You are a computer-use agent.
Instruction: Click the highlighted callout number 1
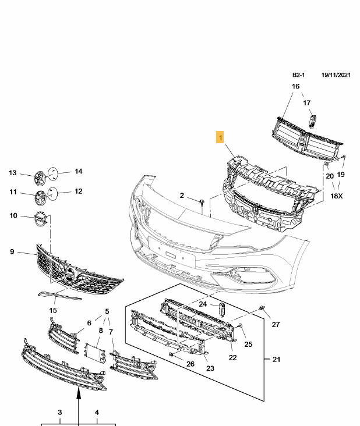pos(220,138)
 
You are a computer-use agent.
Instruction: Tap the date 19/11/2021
pos(336,75)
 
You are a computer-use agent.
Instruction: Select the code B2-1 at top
pos(299,75)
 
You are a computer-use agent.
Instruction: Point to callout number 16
pos(295,87)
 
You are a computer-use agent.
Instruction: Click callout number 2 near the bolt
pos(181,196)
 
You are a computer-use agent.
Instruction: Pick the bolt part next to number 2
pos(200,201)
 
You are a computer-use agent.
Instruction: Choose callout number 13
pos(13,173)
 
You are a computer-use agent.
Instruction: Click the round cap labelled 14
pos(52,172)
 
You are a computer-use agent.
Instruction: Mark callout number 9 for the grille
pos(12,251)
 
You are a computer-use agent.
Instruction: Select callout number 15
pos(53,311)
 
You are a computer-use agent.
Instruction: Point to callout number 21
pos(276,359)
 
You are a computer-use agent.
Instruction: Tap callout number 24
pos(203,304)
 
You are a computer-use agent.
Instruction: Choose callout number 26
pos(190,364)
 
